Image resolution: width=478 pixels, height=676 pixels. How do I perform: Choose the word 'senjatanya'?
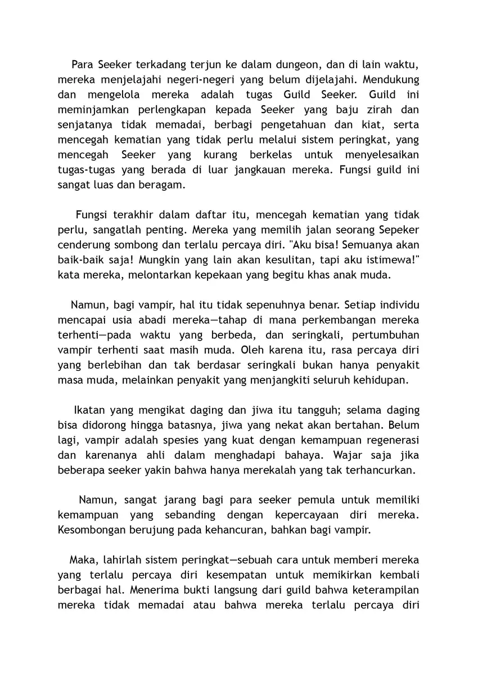point(85,124)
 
